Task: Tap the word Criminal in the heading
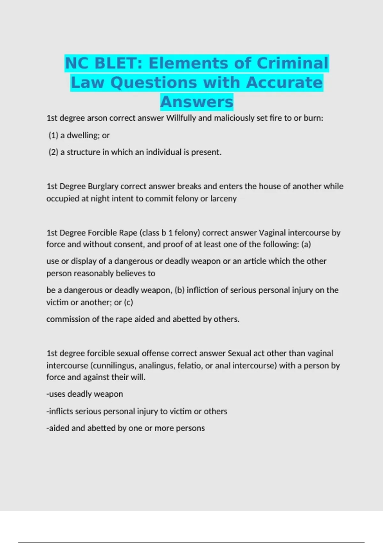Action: pos(292,63)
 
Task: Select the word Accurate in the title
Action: pos(284,82)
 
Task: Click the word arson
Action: pos(97,118)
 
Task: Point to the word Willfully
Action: pos(181,118)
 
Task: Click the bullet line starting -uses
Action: pos(85,394)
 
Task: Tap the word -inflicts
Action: pos(60,411)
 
